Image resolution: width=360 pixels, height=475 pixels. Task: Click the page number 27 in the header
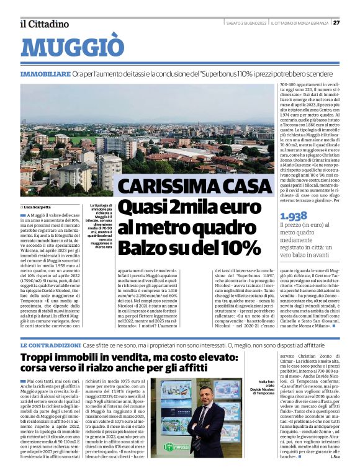336,22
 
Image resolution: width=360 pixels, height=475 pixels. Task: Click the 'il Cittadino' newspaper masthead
44,24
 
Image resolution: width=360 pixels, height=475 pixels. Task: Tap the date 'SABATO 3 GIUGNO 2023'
246,23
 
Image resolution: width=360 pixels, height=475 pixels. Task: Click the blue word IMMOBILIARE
45,74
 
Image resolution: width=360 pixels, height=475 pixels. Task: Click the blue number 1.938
294,216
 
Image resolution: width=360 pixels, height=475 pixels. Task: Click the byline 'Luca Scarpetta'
38,206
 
